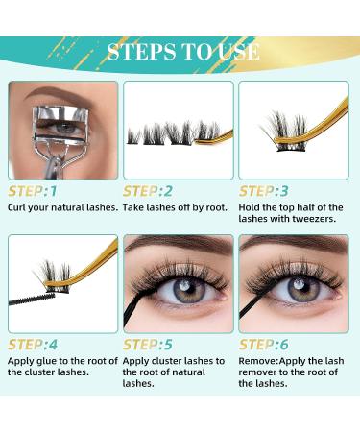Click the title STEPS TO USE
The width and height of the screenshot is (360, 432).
pyautogui.click(x=182, y=51)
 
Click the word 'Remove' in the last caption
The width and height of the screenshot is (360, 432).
pyautogui.click(x=260, y=361)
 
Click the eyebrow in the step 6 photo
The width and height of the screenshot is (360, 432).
pyautogui.click(x=293, y=249)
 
